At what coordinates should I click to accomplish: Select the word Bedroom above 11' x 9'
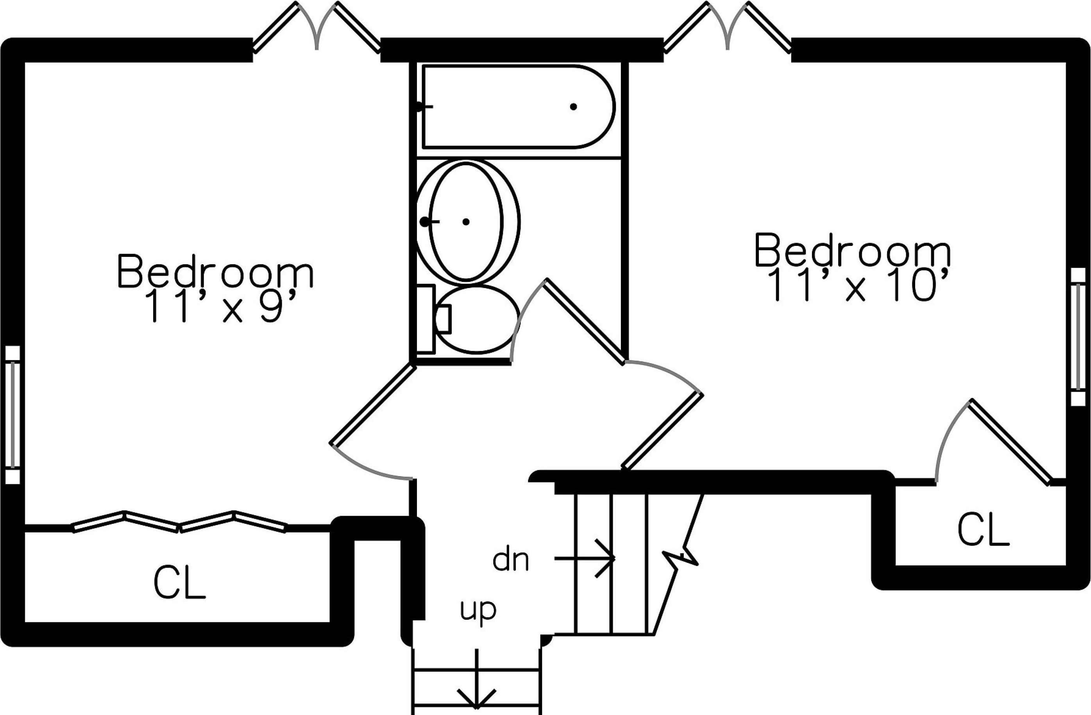(215, 272)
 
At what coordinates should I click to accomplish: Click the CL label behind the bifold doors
(179, 582)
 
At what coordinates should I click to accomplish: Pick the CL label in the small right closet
(983, 530)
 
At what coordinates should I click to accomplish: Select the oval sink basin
(466, 222)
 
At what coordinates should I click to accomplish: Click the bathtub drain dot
(573, 107)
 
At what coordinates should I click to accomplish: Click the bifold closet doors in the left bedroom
(179, 522)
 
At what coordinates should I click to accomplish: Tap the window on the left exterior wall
(13, 415)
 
